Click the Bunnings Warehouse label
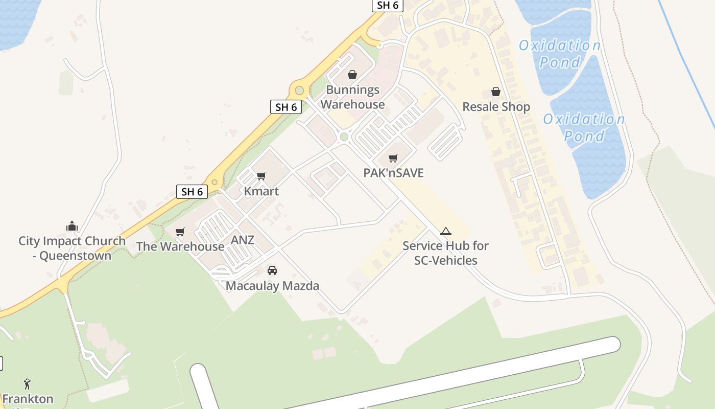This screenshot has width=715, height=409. (x=352, y=97)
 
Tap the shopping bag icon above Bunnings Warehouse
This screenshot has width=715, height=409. (x=352, y=75)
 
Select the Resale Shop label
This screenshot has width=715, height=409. (x=496, y=107)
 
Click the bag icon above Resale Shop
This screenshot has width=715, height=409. (x=495, y=92)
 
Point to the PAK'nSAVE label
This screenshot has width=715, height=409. (x=393, y=173)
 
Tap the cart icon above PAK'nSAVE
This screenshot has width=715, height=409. (x=393, y=158)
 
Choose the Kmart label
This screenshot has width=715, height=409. (x=261, y=191)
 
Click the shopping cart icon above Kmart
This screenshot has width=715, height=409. (x=261, y=176)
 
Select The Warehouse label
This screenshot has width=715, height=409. (x=180, y=246)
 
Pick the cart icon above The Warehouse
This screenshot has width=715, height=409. (x=180, y=232)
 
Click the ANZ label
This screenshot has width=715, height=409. (x=243, y=240)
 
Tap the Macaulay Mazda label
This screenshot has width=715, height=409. (x=272, y=286)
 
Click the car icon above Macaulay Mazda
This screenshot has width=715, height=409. (x=272, y=270)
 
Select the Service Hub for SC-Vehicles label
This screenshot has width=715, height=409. (x=445, y=253)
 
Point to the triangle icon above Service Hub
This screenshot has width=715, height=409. (x=446, y=231)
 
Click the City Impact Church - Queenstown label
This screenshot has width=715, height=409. (x=72, y=248)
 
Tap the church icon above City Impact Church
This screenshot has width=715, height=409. (x=72, y=226)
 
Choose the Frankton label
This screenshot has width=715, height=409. (x=28, y=398)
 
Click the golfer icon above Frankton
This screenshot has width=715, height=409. (x=28, y=383)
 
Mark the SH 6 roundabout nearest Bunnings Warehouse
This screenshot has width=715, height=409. (x=299, y=90)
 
